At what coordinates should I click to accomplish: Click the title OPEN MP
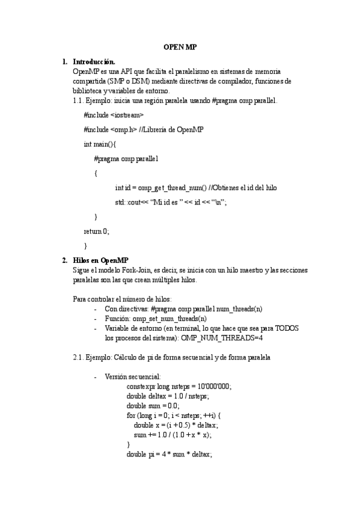[180, 46]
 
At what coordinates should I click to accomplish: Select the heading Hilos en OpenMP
[100, 260]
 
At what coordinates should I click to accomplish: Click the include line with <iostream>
[114, 114]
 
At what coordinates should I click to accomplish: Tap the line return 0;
[97, 231]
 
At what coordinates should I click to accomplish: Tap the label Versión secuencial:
[128, 376]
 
